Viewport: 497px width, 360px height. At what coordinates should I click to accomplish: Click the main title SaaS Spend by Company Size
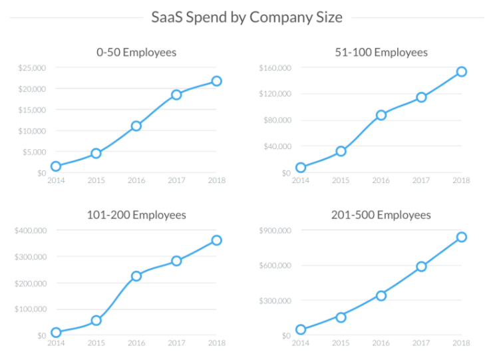click(247, 17)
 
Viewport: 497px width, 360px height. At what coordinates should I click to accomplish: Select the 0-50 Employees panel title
click(136, 52)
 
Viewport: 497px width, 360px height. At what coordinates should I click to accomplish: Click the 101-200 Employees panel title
click(136, 215)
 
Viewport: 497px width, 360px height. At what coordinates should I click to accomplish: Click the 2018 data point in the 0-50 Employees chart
click(216, 81)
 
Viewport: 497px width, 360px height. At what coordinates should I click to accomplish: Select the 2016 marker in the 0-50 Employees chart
click(136, 126)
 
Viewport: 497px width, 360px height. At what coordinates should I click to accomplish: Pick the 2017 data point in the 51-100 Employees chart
click(421, 97)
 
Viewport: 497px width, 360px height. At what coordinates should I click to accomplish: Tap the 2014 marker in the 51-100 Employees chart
click(301, 168)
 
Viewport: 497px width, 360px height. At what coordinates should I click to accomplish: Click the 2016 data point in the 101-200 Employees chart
click(136, 276)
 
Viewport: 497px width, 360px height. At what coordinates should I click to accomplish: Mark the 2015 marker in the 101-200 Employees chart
click(96, 320)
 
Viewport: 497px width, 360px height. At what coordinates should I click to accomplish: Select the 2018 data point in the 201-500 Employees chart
click(461, 237)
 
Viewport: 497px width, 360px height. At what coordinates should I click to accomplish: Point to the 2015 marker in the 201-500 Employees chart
click(341, 317)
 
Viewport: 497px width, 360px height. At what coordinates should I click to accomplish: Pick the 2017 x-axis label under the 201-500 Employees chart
click(420, 343)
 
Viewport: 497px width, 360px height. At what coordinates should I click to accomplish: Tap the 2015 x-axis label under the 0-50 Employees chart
click(96, 180)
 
